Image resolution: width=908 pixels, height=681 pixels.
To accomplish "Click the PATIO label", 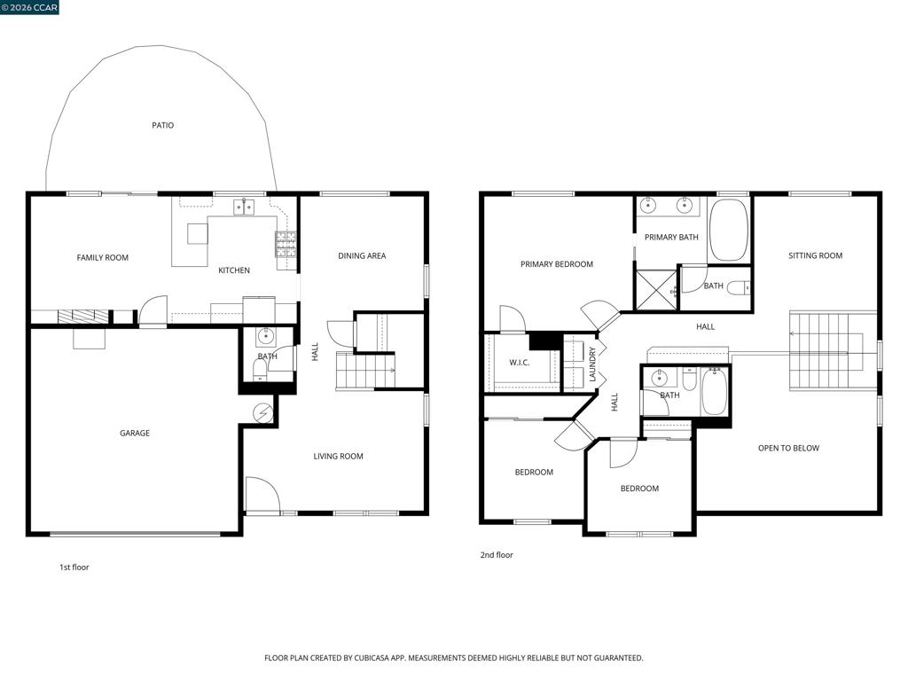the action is (x=163, y=125).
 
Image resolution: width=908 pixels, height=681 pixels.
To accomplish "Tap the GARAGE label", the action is (x=135, y=433).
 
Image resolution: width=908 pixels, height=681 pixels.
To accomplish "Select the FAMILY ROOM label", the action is (x=103, y=258).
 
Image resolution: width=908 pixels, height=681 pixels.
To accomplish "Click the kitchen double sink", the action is (x=244, y=207).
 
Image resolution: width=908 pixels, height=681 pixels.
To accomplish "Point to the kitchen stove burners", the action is (x=286, y=245).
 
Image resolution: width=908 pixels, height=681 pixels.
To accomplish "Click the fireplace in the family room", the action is (x=83, y=317).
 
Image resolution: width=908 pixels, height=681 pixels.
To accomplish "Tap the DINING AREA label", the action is (x=362, y=256).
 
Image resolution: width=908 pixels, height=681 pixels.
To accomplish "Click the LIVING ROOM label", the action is (x=338, y=457).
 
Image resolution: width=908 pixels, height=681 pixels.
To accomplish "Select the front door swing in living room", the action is (x=262, y=495).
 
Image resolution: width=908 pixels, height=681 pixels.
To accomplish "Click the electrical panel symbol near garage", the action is (x=262, y=413).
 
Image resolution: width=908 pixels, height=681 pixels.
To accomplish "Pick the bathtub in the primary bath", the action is (x=729, y=230).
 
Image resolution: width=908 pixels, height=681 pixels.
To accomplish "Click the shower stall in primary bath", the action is (x=657, y=289).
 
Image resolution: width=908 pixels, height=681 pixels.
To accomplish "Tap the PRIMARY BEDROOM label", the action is (x=557, y=264).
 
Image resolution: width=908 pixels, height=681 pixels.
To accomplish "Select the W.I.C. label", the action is (x=520, y=363).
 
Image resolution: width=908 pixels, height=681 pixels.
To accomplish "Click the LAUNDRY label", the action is (x=592, y=364).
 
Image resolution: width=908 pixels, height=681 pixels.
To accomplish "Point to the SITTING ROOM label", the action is (x=816, y=255).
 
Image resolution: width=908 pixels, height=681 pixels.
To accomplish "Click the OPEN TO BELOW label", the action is (x=788, y=448).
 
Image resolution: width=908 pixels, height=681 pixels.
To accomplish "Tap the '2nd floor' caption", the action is (x=497, y=555).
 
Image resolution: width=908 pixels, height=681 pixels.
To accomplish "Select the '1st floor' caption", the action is (x=74, y=567).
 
